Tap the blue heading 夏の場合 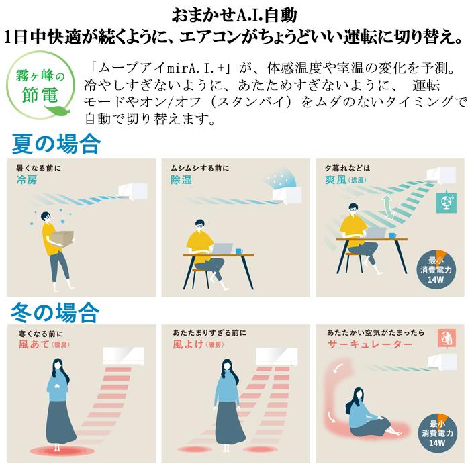point(56,144)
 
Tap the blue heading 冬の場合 point(55,312)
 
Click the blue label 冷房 point(27,180)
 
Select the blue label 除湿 point(181,180)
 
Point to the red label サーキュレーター point(370,344)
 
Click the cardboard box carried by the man point(62,238)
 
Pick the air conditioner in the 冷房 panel point(133,191)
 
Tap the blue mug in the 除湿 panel point(239,251)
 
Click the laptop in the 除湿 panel point(222,249)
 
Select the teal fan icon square point(446,202)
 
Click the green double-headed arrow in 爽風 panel point(388,207)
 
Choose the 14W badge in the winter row point(437,432)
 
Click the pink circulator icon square point(446,338)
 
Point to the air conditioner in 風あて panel point(124,356)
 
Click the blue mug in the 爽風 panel point(393,236)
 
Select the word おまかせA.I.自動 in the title point(234,15)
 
